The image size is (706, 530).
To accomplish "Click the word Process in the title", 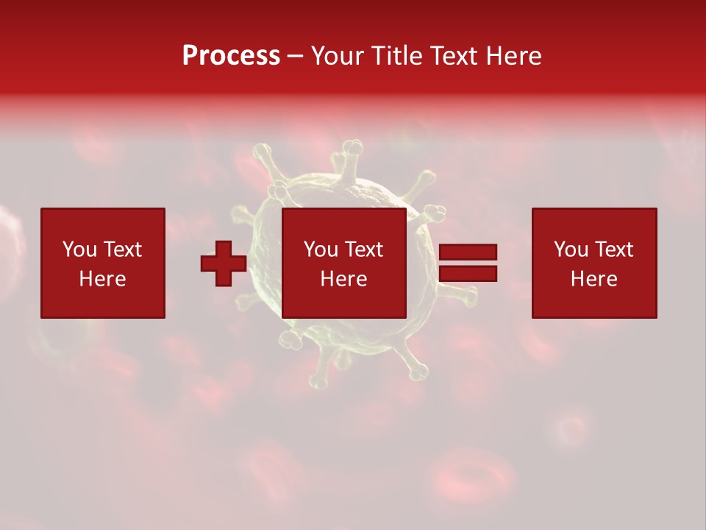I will point(231,55).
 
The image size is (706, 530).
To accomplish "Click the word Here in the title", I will point(515,55).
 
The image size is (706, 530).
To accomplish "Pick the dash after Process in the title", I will point(296,57).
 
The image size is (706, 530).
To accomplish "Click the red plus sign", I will point(224,264).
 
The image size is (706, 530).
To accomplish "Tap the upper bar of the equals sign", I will point(468,252).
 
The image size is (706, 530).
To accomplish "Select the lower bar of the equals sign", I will point(468,274).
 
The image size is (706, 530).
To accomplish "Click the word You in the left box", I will point(79,250).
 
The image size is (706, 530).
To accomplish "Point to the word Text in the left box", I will point(122,250).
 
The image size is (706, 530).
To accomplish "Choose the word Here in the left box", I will point(102,279).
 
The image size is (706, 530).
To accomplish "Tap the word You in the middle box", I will point(321,250).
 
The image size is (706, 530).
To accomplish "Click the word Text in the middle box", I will point(363,250).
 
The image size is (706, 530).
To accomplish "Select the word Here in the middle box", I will point(343,279).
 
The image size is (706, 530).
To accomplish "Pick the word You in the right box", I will point(571,250).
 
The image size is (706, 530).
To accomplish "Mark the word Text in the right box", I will point(613,250).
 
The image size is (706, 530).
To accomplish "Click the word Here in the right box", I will point(593,279).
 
